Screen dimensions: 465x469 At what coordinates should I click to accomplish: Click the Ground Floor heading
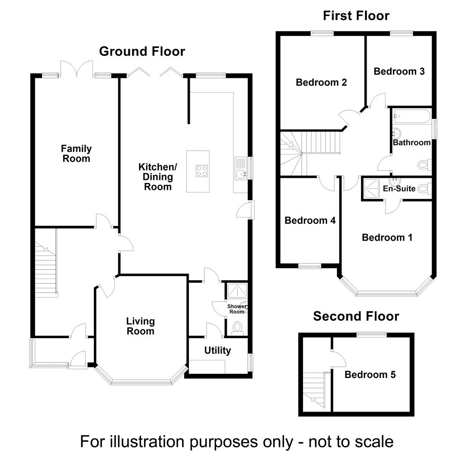click(x=142, y=51)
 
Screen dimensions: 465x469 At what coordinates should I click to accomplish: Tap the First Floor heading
click(x=356, y=16)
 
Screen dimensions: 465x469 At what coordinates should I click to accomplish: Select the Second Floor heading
click(x=356, y=316)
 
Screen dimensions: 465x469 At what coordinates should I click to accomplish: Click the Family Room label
click(x=76, y=154)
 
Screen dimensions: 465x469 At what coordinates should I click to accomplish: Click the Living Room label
click(x=140, y=326)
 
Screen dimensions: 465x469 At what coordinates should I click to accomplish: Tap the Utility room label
click(x=217, y=350)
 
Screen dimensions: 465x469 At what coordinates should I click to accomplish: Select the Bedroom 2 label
click(x=321, y=82)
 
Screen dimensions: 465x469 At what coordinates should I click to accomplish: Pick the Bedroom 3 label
click(x=399, y=71)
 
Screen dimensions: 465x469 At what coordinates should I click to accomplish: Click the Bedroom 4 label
click(x=310, y=221)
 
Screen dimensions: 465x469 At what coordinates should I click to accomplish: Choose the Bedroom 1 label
click(x=387, y=237)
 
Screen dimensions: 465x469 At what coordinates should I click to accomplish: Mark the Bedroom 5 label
click(x=370, y=375)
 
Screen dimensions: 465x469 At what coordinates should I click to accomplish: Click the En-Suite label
click(x=399, y=189)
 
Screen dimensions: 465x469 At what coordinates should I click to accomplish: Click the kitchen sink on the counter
click(x=240, y=174)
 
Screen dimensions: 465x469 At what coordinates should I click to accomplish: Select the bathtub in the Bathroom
click(x=411, y=116)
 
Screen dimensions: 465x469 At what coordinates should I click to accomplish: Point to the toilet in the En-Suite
click(x=423, y=188)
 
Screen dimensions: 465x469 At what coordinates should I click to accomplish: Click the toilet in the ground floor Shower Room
click(x=237, y=329)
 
